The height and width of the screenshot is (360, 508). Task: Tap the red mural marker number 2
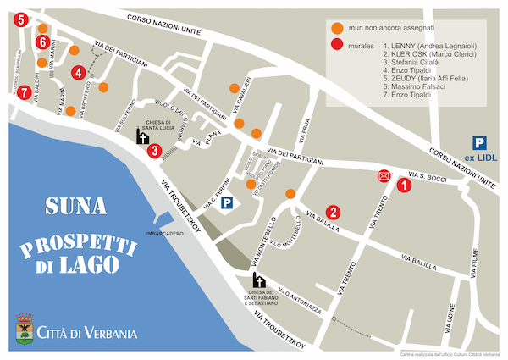click(334, 212)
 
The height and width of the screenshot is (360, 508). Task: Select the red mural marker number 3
click(154, 151)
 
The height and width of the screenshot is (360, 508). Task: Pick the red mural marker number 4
click(79, 72)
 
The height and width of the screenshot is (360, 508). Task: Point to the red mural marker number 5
click(20, 19)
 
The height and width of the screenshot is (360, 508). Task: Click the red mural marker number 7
click(25, 91)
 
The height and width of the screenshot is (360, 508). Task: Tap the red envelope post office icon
click(384, 176)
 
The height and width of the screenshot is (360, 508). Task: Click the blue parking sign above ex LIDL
click(479, 143)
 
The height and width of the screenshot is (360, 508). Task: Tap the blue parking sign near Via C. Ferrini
click(227, 203)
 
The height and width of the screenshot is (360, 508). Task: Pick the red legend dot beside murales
click(337, 45)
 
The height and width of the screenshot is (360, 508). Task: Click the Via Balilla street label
click(323, 222)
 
